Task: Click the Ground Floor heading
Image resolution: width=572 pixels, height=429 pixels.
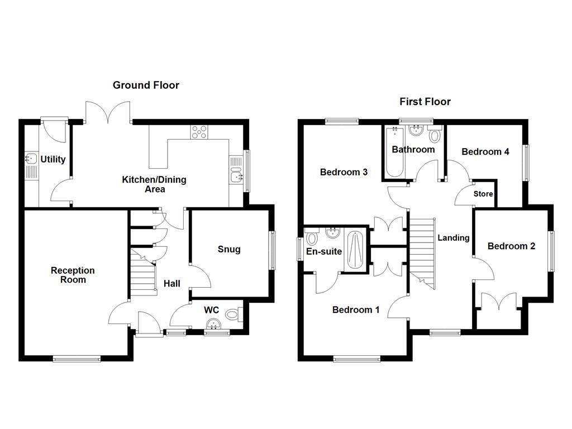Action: (146, 85)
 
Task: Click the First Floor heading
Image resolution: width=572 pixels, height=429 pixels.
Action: (425, 102)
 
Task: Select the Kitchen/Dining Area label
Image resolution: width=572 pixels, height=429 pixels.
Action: (154, 184)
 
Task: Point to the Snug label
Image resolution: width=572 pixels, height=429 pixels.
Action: (229, 249)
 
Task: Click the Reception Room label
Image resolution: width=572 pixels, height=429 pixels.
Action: (73, 274)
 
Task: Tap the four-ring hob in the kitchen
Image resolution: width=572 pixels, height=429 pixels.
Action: (199, 132)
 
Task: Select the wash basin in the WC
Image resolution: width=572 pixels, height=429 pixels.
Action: (214, 325)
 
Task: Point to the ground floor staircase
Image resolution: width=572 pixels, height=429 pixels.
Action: (143, 271)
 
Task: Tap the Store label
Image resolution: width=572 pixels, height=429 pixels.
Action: (483, 194)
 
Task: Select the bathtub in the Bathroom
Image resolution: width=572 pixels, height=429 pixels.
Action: (394, 151)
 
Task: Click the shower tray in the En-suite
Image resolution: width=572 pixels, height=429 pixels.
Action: (355, 250)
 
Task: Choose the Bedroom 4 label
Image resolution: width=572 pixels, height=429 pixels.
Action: (485, 151)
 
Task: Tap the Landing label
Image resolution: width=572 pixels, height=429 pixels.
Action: (453, 238)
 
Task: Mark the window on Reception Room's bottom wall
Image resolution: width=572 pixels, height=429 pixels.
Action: (77, 359)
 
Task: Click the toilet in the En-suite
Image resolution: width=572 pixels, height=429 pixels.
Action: (312, 238)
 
